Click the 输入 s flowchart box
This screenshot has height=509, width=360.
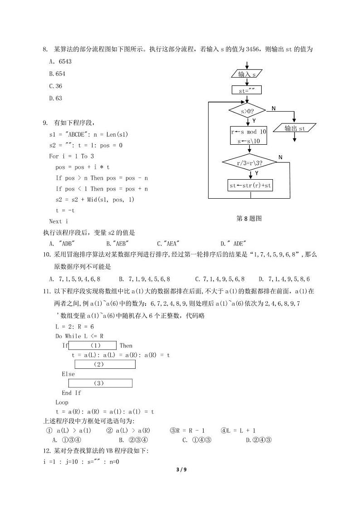(247, 74)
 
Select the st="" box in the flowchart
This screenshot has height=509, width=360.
(246, 90)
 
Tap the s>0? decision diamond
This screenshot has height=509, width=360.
(247, 111)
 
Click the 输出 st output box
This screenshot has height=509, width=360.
(295, 128)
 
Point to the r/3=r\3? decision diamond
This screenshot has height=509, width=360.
(250, 162)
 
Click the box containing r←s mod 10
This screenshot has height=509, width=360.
(248, 136)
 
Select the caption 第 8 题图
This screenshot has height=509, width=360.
(249, 218)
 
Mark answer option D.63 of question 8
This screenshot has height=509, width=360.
(55, 98)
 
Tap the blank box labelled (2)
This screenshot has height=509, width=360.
(105, 364)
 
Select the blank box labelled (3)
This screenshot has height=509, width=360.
(100, 383)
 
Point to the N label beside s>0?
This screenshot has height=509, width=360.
(273, 108)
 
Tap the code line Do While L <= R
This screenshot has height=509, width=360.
(79, 336)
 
